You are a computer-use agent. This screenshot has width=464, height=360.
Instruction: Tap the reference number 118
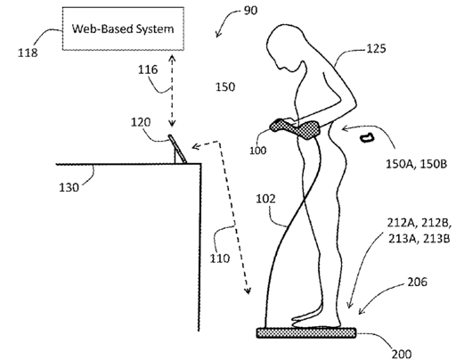coord(28,53)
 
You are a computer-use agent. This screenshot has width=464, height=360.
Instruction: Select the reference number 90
coord(250,11)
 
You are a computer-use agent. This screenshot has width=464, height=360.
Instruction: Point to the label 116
coord(148,70)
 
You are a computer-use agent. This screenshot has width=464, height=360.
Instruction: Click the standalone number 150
coord(225,87)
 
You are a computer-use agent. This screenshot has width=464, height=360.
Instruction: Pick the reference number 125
coord(377,48)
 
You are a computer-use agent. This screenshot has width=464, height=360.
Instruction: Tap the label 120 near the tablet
coord(141,122)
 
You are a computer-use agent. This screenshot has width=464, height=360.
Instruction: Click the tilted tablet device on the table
coord(178,149)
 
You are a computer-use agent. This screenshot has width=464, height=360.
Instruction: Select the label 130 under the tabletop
coord(69,188)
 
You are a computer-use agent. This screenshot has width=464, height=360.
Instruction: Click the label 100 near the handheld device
coord(257,151)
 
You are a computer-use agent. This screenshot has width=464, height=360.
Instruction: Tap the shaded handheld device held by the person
coord(295,128)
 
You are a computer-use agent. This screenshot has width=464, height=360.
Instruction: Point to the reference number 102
coord(265,199)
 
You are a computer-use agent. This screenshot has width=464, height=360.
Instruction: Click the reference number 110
coord(220,258)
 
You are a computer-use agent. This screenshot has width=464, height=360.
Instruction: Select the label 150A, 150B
coord(416,164)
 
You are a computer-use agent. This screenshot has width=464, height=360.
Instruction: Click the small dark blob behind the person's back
coord(367,138)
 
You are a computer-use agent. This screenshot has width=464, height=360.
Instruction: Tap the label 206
coord(417,282)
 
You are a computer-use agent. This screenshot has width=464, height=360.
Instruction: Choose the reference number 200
coord(402,354)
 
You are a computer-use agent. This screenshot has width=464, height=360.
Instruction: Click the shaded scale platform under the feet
coord(306,332)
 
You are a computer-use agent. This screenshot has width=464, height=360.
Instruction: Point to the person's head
coord(286,47)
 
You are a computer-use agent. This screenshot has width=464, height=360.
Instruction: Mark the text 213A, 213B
coord(419,239)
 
